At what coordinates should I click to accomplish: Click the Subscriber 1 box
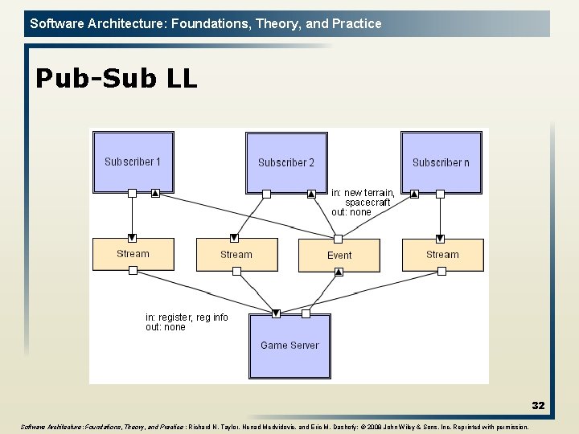click(132, 161)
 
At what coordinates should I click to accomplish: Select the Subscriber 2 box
click(285, 162)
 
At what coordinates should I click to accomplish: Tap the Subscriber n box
click(440, 162)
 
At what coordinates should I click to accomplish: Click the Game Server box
click(289, 346)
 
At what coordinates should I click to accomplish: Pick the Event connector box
click(339, 255)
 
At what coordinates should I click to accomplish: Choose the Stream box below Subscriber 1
click(133, 254)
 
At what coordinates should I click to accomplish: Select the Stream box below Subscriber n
click(442, 255)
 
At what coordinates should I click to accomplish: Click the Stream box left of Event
click(236, 255)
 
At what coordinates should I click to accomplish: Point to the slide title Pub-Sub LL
click(116, 78)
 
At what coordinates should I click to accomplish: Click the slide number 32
click(538, 406)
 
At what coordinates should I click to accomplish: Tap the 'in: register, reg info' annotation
click(187, 317)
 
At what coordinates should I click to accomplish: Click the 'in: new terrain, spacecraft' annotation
click(363, 198)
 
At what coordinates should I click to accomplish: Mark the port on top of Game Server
click(277, 313)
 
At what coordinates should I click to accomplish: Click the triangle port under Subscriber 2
click(311, 194)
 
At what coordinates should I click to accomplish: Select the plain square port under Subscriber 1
click(132, 193)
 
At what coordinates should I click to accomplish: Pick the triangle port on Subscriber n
click(415, 194)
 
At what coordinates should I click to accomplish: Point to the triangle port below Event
click(339, 272)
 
